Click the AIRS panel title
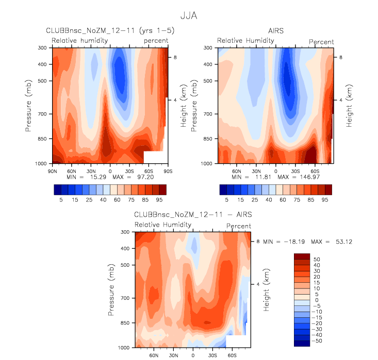pyautogui.click(x=275, y=31)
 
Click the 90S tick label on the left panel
pyautogui.click(x=168, y=170)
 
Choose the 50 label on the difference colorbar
pyautogui.click(x=317, y=260)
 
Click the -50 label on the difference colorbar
pyautogui.click(x=319, y=341)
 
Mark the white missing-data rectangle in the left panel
pyautogui.click(x=154, y=157)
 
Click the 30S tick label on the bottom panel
pyautogui.click(x=212, y=355)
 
